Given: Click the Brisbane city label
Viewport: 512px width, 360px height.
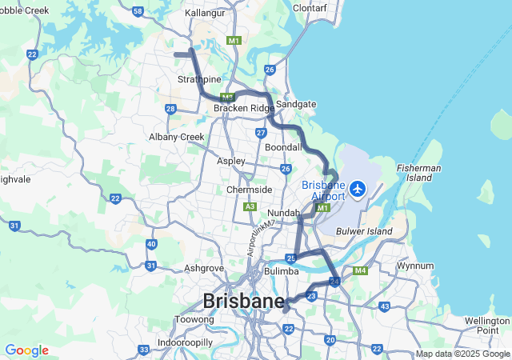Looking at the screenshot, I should coord(243,302).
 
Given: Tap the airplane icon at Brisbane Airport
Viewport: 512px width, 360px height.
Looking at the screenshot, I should coord(358,190).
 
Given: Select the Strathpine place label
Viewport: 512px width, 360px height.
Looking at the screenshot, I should coord(199,79).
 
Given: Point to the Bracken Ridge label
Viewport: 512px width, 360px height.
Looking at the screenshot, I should coord(243,108).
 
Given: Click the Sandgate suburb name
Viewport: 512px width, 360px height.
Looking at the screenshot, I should coord(296,104).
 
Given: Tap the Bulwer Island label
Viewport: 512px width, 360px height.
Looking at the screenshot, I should coord(371,231).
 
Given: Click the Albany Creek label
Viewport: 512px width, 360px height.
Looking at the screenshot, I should coord(176,137).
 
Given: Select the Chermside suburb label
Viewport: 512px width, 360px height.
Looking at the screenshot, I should coord(249,190).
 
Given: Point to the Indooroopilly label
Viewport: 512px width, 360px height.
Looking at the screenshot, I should coord(185,342).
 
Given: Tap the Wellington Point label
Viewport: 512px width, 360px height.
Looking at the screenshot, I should coord(486,326).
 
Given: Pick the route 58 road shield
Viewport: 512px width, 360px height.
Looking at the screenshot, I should coord(138,11).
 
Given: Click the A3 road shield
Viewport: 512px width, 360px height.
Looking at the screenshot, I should coord(250,206).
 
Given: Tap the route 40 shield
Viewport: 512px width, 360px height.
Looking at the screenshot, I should coord(151,244).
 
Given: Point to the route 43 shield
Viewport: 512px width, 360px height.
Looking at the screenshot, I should coord(385,306).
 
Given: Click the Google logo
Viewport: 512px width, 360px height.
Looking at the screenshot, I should coord(26,350).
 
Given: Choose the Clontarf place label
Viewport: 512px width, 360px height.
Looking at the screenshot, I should coord(310,8).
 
